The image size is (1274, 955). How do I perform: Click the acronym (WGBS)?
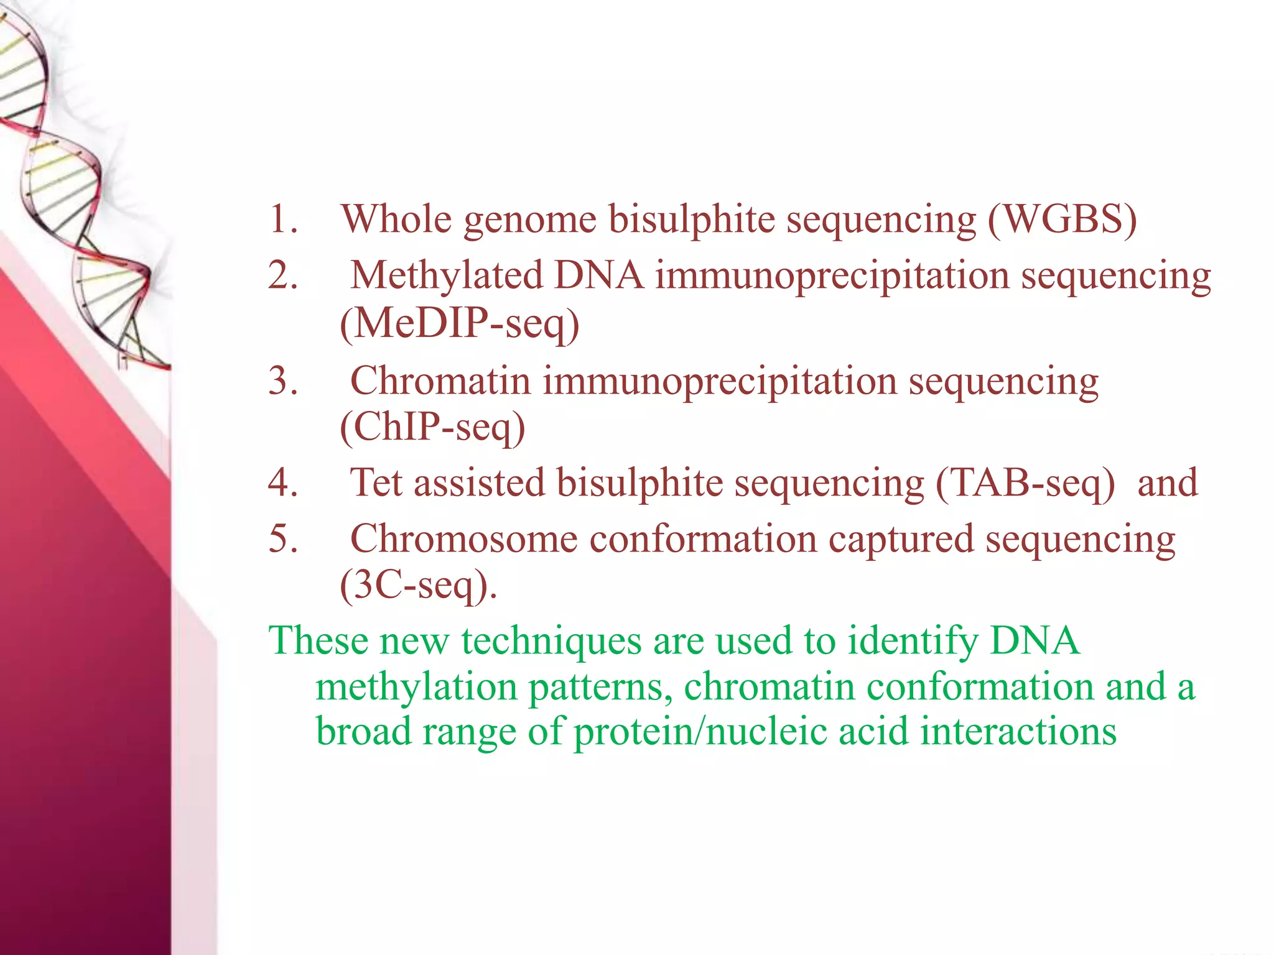(x=1062, y=219)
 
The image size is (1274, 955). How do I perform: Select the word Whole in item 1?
(x=396, y=219)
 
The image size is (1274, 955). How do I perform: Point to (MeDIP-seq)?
(x=459, y=323)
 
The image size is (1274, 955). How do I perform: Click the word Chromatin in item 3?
(x=440, y=381)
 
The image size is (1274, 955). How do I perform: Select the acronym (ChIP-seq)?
(x=432, y=427)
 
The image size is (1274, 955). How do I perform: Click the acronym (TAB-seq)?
(x=1025, y=482)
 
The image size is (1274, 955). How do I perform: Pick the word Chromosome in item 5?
(x=463, y=538)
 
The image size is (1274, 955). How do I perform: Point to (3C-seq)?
(x=418, y=585)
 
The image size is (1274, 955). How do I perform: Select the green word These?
(x=318, y=640)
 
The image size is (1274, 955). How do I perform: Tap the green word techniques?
(x=551, y=642)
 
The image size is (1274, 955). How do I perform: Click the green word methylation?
(x=416, y=688)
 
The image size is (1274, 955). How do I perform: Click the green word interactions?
(x=1018, y=731)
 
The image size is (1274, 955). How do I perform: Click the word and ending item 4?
(x=1167, y=482)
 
